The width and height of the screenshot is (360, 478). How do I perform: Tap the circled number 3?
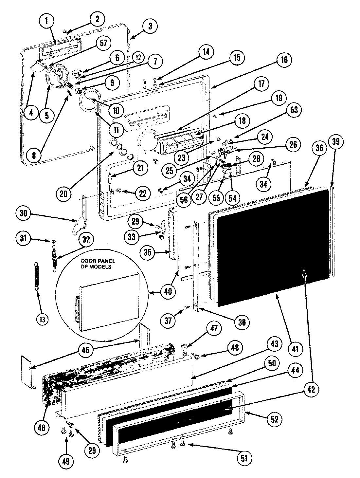click(150, 26)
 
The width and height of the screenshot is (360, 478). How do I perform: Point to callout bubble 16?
click(284, 60)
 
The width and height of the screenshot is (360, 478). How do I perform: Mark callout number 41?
click(295, 349)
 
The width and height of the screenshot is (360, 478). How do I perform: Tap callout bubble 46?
click(44, 427)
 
